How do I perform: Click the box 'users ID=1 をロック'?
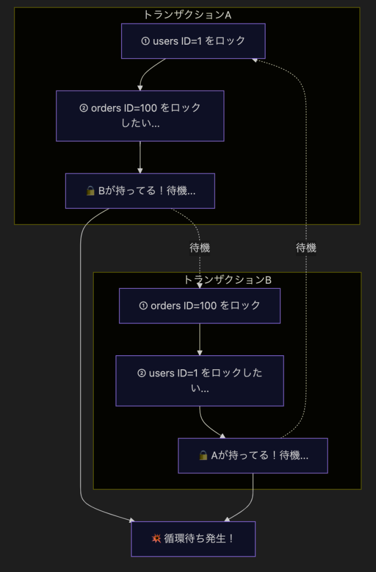193,41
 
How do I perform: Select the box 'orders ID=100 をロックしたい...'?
140,116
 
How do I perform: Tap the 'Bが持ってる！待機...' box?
140,190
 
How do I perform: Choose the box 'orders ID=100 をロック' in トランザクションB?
200,306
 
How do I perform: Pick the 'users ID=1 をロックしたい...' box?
200,380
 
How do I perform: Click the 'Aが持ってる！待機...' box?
253,455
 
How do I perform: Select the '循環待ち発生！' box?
193,538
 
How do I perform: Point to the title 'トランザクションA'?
187,15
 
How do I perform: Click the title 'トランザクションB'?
227,280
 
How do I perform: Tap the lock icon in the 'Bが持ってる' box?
90,191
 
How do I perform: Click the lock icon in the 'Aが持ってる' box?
203,456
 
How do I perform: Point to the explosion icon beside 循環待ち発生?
156,538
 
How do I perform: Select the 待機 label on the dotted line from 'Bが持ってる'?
200,248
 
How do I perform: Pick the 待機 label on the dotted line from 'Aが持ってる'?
306,248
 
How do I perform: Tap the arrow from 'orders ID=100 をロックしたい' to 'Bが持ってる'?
140,157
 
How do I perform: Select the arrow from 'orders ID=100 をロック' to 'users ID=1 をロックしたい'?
200,339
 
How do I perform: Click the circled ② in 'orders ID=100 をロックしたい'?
84,108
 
